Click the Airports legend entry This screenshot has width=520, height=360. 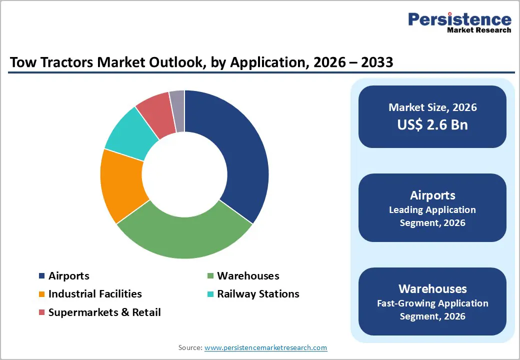click(68, 276)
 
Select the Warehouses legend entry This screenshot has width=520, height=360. click(248, 276)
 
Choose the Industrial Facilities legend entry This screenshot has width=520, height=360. click(95, 294)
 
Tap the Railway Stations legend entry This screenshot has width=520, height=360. click(258, 294)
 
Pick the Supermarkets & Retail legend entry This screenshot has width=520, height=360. click(104, 312)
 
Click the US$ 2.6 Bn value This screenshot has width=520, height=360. click(432, 124)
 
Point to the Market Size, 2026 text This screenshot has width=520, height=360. click(432, 107)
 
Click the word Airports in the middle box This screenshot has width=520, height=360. click(432, 195)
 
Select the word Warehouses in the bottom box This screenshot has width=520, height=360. click(432, 289)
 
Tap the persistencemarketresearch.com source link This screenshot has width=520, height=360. click(265, 347)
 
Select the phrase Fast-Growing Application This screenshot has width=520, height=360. click(432, 303)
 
